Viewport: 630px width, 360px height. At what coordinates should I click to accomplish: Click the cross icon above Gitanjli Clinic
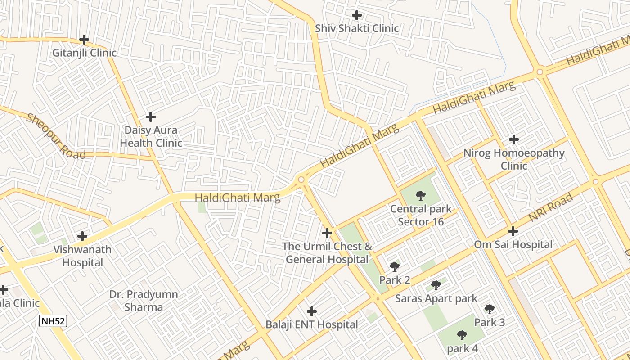click(84, 40)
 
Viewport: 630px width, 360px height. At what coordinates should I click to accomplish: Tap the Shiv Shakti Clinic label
click(357, 28)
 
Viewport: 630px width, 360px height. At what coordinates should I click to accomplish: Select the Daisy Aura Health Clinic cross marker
click(151, 117)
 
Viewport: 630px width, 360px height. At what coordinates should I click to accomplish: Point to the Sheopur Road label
click(56, 136)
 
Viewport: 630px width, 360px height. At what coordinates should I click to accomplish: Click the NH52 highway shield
click(53, 321)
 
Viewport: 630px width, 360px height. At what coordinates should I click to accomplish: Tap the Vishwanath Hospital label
click(82, 256)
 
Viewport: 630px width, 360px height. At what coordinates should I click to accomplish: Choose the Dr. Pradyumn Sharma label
click(144, 301)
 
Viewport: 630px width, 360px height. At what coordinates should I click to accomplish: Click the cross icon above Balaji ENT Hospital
click(311, 311)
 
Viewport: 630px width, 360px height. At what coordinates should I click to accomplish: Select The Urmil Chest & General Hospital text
click(327, 253)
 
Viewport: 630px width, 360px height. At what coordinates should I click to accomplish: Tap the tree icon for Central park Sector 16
click(421, 195)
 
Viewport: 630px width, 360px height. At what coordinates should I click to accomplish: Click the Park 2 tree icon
click(395, 267)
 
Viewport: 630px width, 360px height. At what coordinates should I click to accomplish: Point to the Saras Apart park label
click(436, 298)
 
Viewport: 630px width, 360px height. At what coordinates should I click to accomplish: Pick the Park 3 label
click(490, 322)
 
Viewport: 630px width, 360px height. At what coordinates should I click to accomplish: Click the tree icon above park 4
click(462, 335)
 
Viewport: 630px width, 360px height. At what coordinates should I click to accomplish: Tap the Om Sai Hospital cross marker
click(513, 231)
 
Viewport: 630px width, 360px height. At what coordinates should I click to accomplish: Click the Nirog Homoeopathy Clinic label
click(514, 159)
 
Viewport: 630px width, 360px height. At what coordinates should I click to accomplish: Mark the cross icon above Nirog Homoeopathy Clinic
click(513, 139)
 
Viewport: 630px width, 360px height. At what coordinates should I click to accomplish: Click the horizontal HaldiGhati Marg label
click(237, 198)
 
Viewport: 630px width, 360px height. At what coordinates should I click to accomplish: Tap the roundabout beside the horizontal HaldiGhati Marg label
click(301, 180)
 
